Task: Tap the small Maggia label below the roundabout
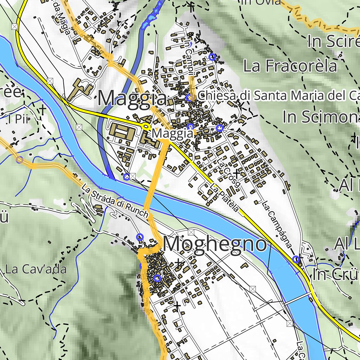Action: point(173,134)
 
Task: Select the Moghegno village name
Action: point(215,244)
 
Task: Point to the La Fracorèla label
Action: point(290,66)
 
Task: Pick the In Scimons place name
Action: point(321,117)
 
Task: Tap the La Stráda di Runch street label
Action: point(115,201)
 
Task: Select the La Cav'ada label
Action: point(36,270)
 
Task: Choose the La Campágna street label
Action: point(277,224)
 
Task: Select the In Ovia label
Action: point(261,2)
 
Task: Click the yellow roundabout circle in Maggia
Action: point(146,126)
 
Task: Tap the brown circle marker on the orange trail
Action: point(20,160)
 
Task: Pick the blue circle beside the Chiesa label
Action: point(189,98)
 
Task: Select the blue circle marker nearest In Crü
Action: point(296,259)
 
